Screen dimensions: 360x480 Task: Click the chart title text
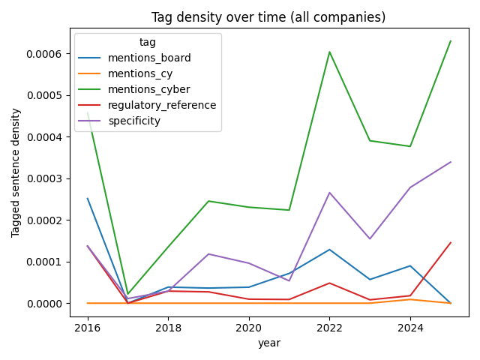click(268, 17)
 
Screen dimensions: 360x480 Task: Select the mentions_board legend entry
click(149, 58)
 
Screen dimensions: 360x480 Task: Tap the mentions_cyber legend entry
click(149, 89)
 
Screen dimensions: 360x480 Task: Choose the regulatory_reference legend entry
click(162, 105)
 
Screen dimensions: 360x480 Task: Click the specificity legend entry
click(134, 121)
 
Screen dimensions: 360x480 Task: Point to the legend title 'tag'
click(148, 43)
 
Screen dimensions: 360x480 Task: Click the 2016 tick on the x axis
click(88, 328)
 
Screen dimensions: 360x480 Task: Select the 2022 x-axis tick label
click(330, 328)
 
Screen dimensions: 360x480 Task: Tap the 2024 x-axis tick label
click(410, 328)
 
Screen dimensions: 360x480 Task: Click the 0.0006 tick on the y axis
click(47, 54)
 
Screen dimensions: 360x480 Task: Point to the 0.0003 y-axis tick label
click(47, 178)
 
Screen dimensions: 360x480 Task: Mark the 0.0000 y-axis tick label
click(47, 303)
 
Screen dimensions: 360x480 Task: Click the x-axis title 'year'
click(268, 343)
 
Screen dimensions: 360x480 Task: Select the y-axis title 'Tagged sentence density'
click(16, 172)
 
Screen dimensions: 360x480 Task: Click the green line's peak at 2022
click(330, 52)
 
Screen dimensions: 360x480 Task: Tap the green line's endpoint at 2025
click(451, 40)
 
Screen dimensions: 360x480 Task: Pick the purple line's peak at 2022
click(330, 193)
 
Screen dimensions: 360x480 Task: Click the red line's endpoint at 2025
click(451, 243)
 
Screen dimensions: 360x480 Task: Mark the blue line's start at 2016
click(88, 199)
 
